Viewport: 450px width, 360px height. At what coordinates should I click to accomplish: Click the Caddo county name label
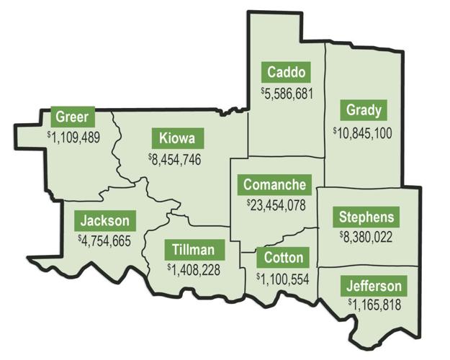pyautogui.click(x=287, y=72)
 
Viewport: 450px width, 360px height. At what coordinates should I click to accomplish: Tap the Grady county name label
pyautogui.click(x=363, y=111)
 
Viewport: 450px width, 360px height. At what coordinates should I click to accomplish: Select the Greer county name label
pyautogui.click(x=72, y=116)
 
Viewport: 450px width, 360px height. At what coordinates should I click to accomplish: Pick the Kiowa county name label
pyautogui.click(x=177, y=138)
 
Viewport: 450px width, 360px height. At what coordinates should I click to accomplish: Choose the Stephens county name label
pyautogui.click(x=366, y=217)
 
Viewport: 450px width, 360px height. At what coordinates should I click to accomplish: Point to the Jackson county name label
pyautogui.click(x=104, y=220)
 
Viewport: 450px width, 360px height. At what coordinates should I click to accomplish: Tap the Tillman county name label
pyautogui.click(x=194, y=250)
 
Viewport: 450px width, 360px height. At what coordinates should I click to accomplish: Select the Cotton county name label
pyautogui.click(x=284, y=257)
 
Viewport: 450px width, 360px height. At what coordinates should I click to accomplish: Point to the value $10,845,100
pyautogui.click(x=363, y=132)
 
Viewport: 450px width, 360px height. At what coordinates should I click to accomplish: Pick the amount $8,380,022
pyautogui.click(x=366, y=237)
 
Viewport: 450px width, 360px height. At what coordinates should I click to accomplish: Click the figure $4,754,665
pyautogui.click(x=104, y=240)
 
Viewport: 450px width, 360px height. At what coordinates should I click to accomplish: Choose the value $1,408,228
pyautogui.click(x=194, y=270)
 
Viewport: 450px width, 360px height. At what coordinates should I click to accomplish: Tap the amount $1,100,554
pyautogui.click(x=284, y=277)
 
